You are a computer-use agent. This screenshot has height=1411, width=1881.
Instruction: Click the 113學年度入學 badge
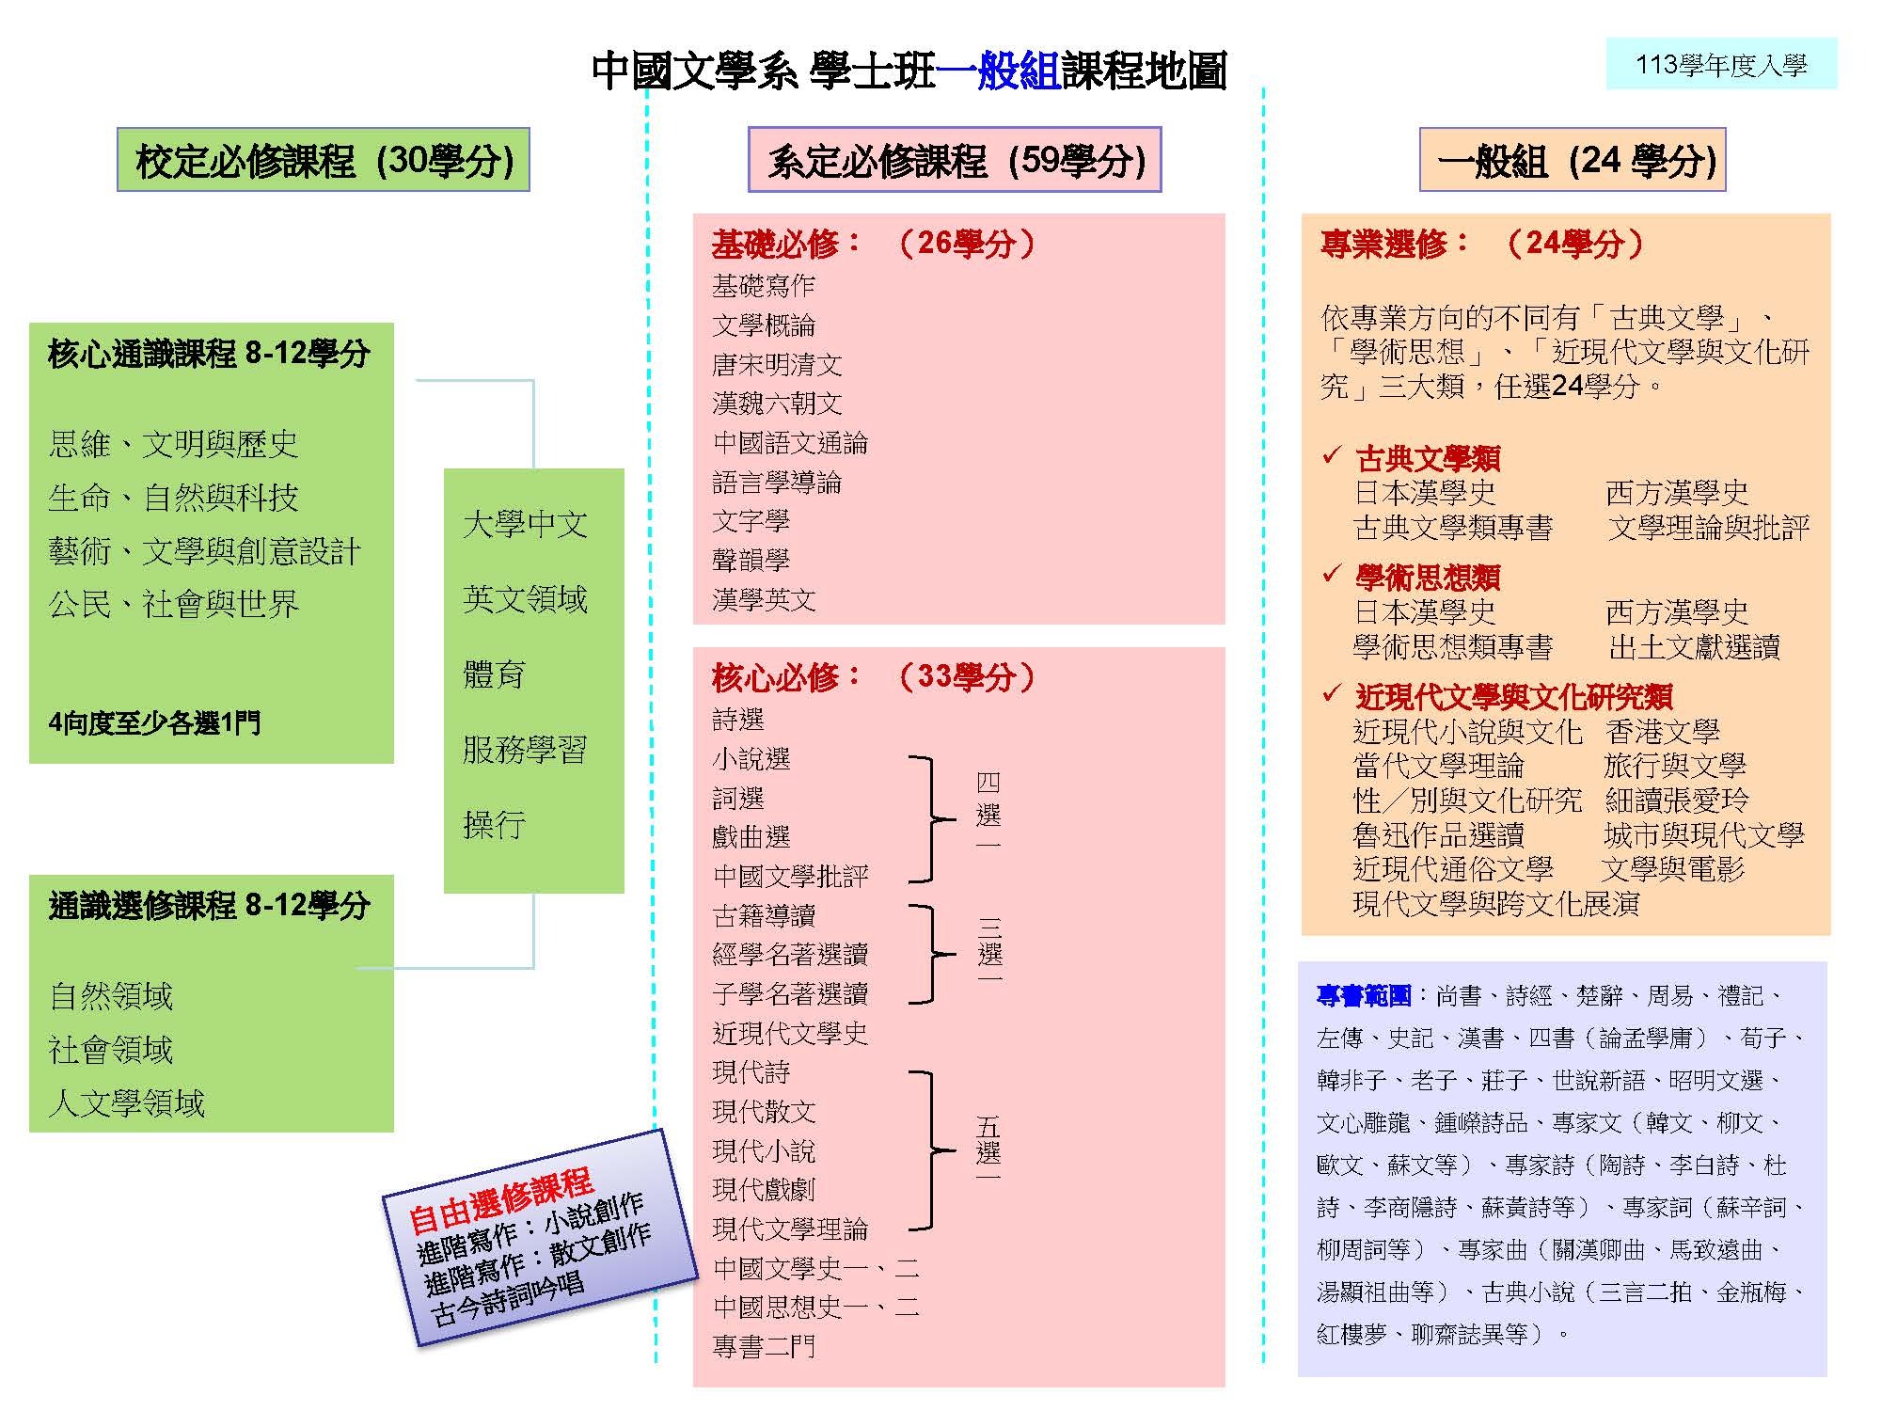click(x=1721, y=64)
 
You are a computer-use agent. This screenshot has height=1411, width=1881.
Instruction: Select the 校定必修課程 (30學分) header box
click(x=324, y=160)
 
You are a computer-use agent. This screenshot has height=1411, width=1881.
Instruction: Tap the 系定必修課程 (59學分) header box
click(x=955, y=160)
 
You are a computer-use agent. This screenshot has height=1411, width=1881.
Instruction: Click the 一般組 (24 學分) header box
click(x=1573, y=160)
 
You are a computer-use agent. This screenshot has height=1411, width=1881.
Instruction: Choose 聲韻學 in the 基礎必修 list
click(x=751, y=561)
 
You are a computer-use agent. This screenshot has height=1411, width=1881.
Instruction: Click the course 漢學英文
click(x=764, y=600)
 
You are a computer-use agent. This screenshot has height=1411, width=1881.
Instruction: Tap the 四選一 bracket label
click(x=988, y=812)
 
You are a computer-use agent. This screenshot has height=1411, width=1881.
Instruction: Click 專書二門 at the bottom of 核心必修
click(x=764, y=1347)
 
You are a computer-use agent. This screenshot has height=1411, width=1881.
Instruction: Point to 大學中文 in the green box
click(x=525, y=524)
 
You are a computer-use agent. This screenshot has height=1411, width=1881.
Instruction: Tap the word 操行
click(x=493, y=825)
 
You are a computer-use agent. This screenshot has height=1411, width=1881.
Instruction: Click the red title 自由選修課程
click(x=500, y=1200)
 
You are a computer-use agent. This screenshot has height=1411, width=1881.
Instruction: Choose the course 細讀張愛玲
click(x=1676, y=800)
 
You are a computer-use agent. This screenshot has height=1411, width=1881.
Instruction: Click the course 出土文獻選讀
click(x=1694, y=647)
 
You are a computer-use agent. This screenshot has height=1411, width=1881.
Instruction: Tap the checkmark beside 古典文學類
click(x=1331, y=455)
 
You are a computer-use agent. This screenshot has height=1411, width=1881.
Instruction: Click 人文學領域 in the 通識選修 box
click(x=126, y=1102)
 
